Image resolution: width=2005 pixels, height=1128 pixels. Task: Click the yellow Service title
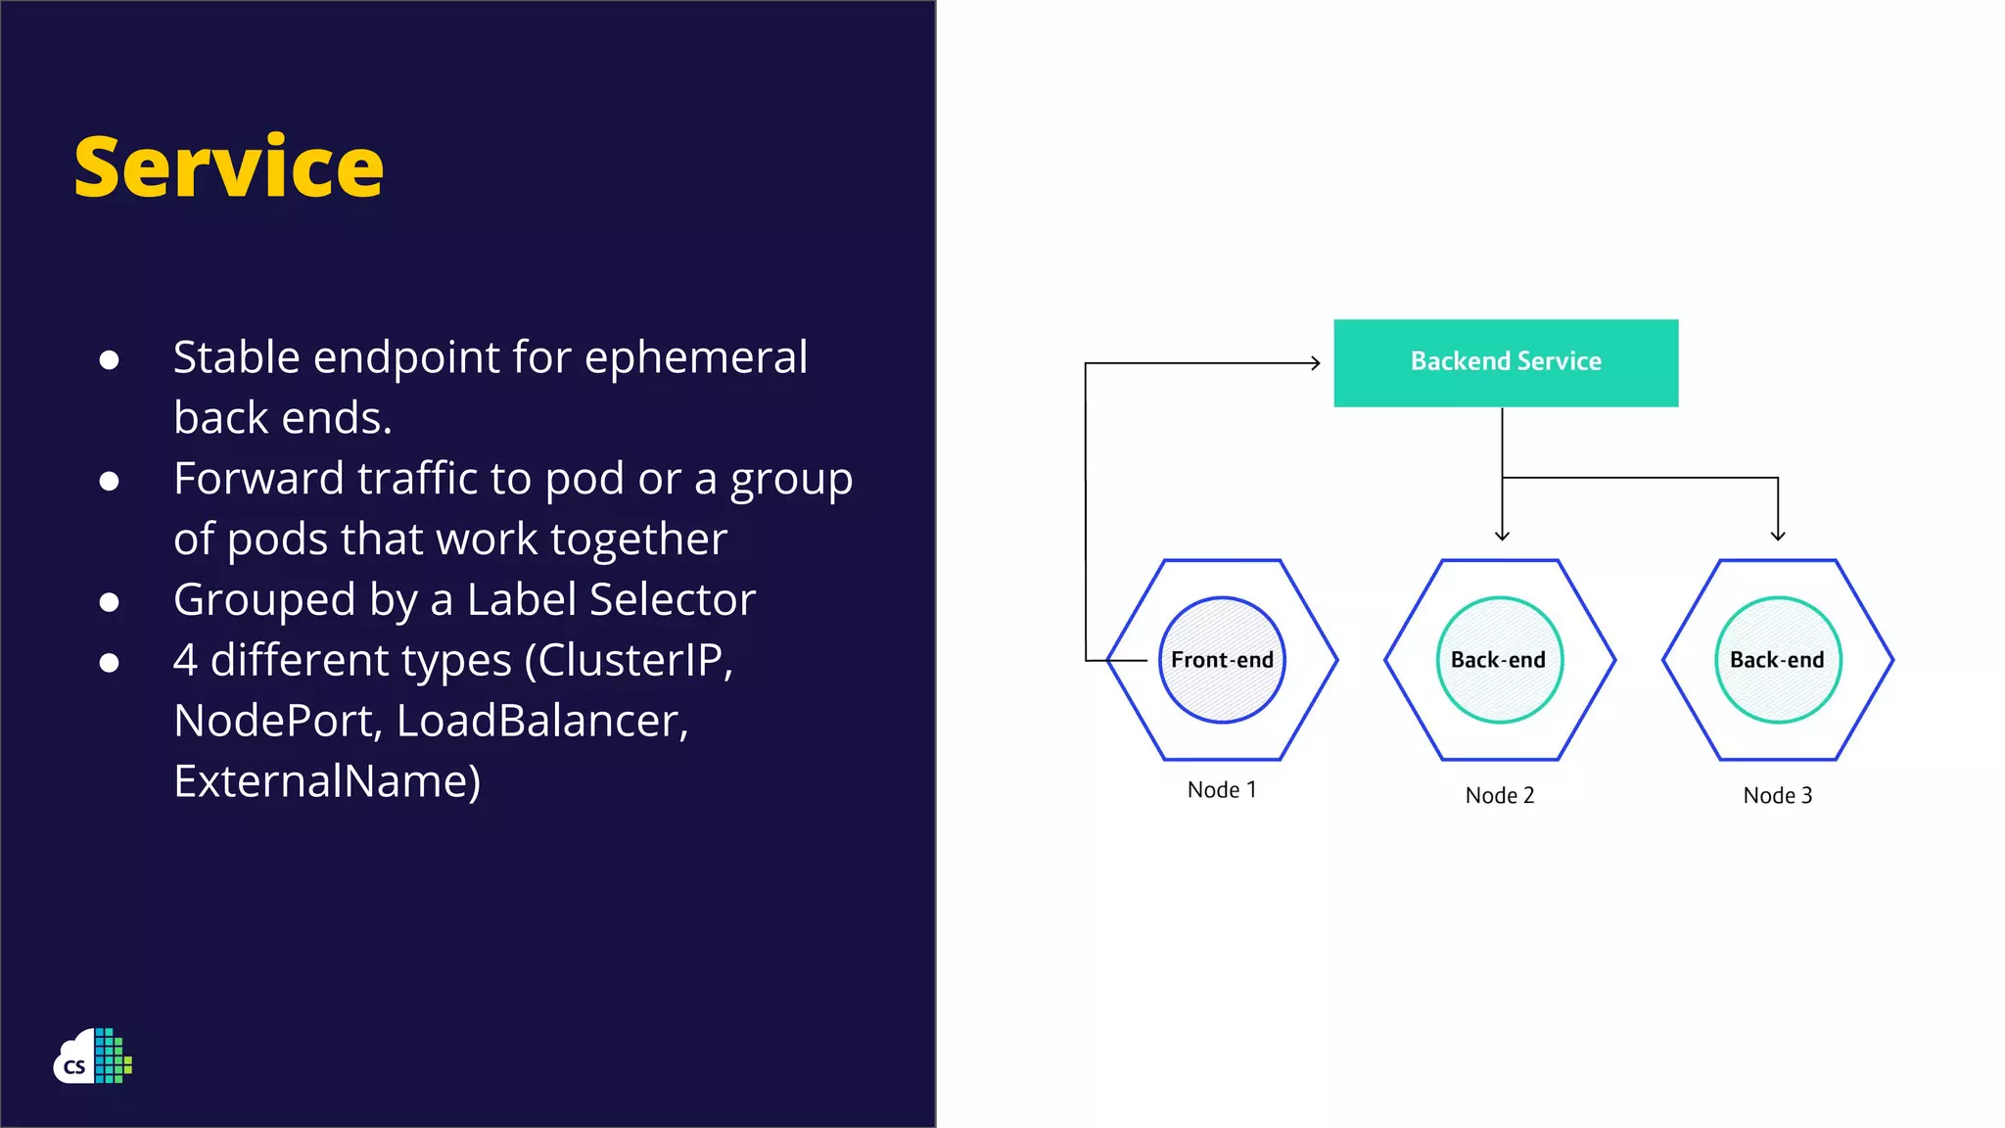tap(229, 167)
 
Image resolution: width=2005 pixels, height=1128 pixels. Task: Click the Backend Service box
tap(1506, 362)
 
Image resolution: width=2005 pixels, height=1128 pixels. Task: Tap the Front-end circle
tap(1222, 660)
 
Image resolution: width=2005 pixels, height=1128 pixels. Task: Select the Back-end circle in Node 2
tap(1499, 660)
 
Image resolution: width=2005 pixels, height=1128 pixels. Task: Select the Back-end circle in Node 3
tap(1777, 660)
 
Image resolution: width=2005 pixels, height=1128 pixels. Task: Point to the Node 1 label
tap(1222, 789)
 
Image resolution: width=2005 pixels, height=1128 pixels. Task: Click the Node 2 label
tap(1499, 795)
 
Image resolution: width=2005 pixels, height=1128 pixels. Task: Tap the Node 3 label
tap(1777, 795)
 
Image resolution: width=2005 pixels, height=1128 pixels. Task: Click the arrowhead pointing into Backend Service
tap(1315, 363)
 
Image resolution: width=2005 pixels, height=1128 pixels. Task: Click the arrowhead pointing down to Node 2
tap(1502, 535)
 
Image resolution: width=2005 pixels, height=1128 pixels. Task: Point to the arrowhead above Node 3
tap(1778, 535)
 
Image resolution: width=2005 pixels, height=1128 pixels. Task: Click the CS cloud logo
tap(93, 1057)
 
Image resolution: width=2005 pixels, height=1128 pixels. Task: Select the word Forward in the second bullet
tap(258, 479)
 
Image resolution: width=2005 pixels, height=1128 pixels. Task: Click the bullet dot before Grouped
tap(110, 602)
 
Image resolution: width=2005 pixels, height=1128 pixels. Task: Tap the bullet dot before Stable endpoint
tap(110, 360)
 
